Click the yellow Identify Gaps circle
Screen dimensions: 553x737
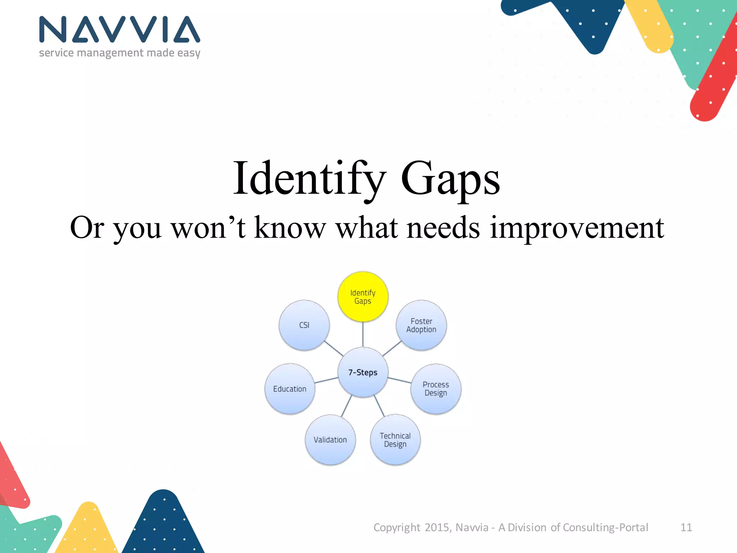pyautogui.click(x=363, y=297)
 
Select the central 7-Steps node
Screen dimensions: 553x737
pyautogui.click(x=363, y=372)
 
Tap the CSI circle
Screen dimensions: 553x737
pyautogui.click(x=304, y=325)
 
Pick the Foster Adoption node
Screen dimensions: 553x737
pyautogui.click(x=421, y=325)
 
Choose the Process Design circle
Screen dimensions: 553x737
pyautogui.click(x=436, y=389)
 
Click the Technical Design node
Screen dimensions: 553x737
pyautogui.click(x=395, y=440)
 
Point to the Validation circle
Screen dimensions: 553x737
pyautogui.click(x=330, y=440)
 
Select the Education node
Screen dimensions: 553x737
pyautogui.click(x=290, y=389)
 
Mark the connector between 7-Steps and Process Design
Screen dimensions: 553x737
pyautogui.click(x=399, y=380)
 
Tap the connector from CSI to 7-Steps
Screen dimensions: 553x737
pyautogui.click(x=334, y=349)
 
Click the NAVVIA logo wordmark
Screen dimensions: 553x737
pyautogui.click(x=119, y=30)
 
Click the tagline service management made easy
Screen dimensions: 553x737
pyautogui.click(x=119, y=53)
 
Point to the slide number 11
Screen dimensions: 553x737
pyautogui.click(x=686, y=527)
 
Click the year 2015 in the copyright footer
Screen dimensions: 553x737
pyautogui.click(x=437, y=527)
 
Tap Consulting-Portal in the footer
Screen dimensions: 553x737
pyautogui.click(x=605, y=527)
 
